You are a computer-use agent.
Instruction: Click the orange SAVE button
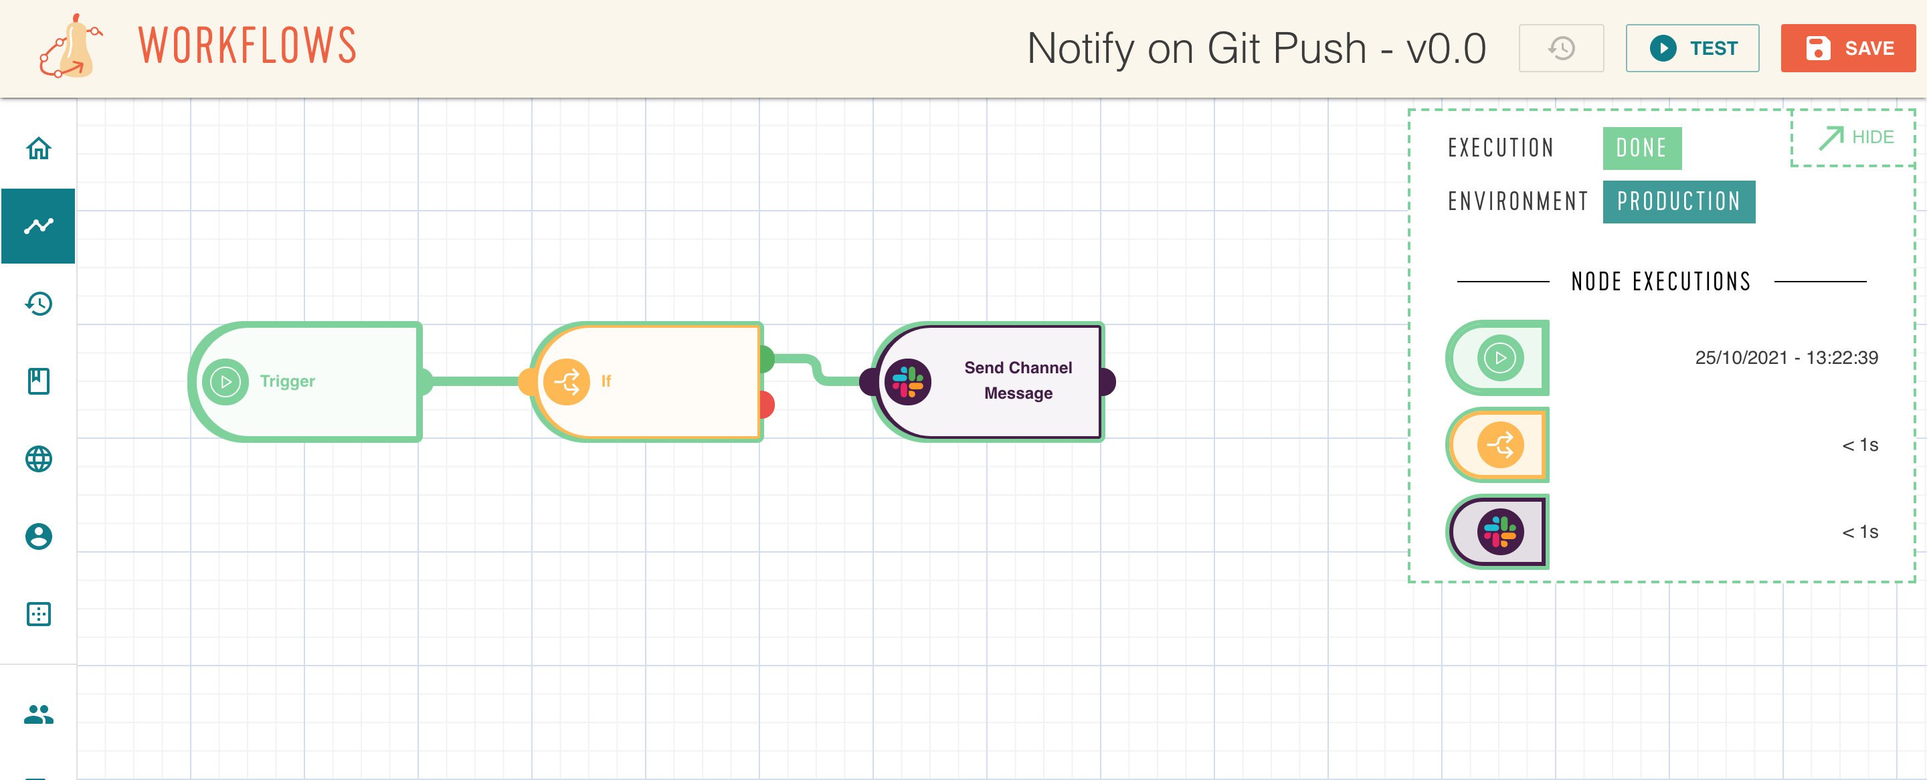1847,48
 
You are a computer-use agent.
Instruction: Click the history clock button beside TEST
1561,48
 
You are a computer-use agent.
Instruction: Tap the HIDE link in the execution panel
1856,138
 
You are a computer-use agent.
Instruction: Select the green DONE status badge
1642,148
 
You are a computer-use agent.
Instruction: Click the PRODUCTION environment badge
1679,202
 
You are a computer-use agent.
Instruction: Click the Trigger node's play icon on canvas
225,382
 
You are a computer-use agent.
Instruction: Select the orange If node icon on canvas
566,382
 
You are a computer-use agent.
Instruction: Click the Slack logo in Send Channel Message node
907,382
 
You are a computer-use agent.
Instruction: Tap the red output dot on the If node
767,405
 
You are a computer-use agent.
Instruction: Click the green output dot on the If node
767,359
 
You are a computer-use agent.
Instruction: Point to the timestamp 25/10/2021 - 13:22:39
1786,357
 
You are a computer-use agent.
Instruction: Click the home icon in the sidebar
38,148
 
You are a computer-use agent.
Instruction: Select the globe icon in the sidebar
38,458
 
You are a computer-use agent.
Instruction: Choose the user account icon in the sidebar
38,537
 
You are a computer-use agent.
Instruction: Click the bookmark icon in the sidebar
38,381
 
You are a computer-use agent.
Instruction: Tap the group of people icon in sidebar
38,714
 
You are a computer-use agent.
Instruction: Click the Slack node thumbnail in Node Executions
1497,532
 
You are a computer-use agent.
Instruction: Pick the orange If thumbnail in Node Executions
1497,445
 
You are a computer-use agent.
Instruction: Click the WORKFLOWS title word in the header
248,45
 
